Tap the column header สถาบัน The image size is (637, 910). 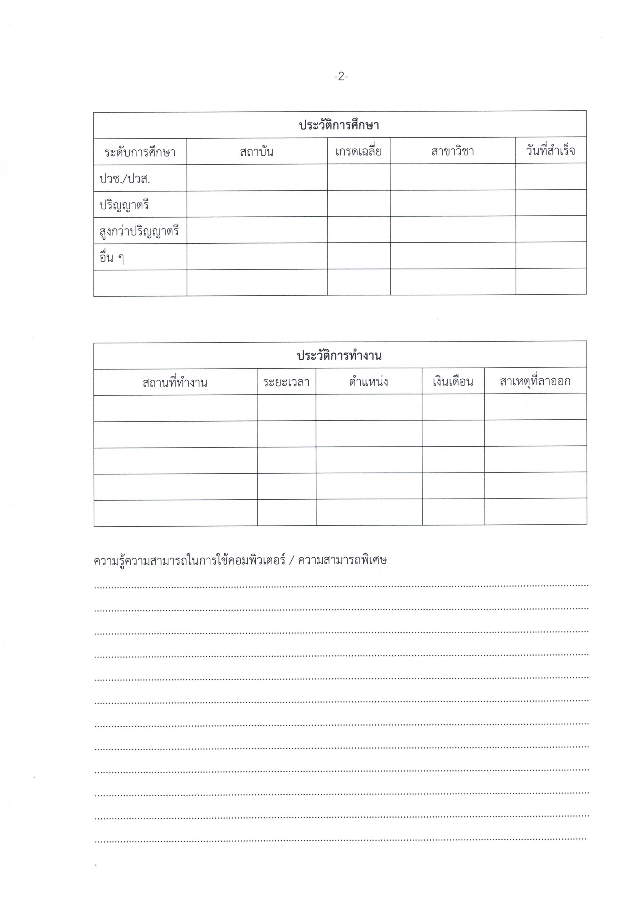point(256,152)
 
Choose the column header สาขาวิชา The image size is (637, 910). point(452,151)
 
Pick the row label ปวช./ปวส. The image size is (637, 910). point(125,179)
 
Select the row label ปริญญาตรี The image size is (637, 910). point(124,205)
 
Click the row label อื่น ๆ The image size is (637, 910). point(112,258)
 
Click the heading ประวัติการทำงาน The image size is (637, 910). point(339,356)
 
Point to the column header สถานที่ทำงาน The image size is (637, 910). point(175,383)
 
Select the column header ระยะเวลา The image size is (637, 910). point(286,382)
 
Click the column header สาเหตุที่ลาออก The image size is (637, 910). point(535,381)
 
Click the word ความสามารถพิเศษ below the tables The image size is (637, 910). point(342,560)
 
